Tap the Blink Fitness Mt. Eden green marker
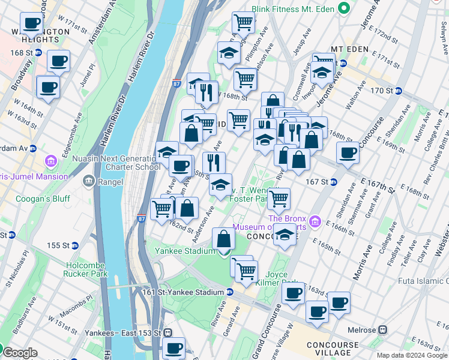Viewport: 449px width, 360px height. (x=343, y=8)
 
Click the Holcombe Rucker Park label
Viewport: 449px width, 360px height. (x=78, y=269)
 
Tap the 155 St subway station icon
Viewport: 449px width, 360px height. (x=74, y=245)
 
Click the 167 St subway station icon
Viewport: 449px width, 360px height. (x=334, y=182)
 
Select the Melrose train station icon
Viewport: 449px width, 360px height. (x=381, y=330)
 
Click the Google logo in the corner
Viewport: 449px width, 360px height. (x=20, y=353)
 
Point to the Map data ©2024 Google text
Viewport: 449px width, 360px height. (x=412, y=355)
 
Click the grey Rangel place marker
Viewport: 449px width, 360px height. (x=89, y=180)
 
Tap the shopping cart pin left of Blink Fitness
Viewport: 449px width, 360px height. (x=243, y=23)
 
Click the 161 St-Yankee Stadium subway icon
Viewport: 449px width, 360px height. (x=229, y=292)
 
